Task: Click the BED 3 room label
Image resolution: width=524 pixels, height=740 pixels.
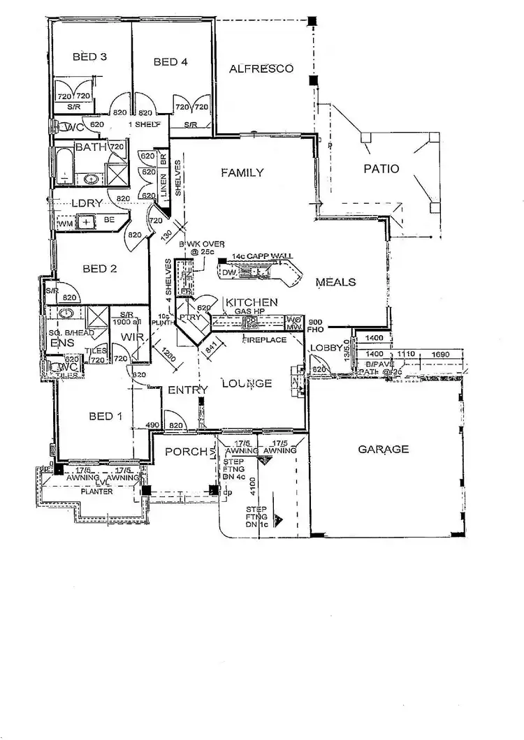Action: (89, 57)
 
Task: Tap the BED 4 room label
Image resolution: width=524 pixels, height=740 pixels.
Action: (170, 62)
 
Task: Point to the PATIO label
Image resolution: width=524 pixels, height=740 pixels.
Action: (381, 168)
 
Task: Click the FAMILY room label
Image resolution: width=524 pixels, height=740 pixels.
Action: (242, 172)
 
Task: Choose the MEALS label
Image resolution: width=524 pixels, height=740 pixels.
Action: (336, 282)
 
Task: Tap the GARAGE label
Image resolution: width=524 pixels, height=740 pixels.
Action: (384, 449)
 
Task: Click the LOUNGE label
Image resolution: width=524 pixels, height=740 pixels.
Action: (247, 383)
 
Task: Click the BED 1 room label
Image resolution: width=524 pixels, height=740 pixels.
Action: (106, 417)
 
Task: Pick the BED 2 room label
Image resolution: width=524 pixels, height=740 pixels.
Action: (99, 268)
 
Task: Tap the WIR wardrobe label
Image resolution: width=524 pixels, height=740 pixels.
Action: (132, 338)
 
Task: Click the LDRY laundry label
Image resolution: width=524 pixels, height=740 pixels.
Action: (87, 203)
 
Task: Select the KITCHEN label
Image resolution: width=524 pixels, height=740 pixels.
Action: (251, 302)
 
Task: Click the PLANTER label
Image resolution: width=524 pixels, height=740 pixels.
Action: (96, 491)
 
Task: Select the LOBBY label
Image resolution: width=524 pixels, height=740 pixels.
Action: (327, 348)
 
